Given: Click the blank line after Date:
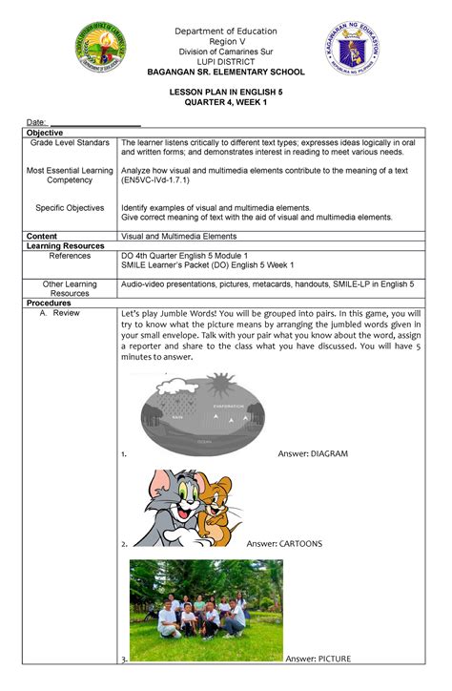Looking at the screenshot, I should (x=95, y=122).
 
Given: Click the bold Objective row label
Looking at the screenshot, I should (x=47, y=132).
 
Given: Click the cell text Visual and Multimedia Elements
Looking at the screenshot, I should (x=178, y=235).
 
